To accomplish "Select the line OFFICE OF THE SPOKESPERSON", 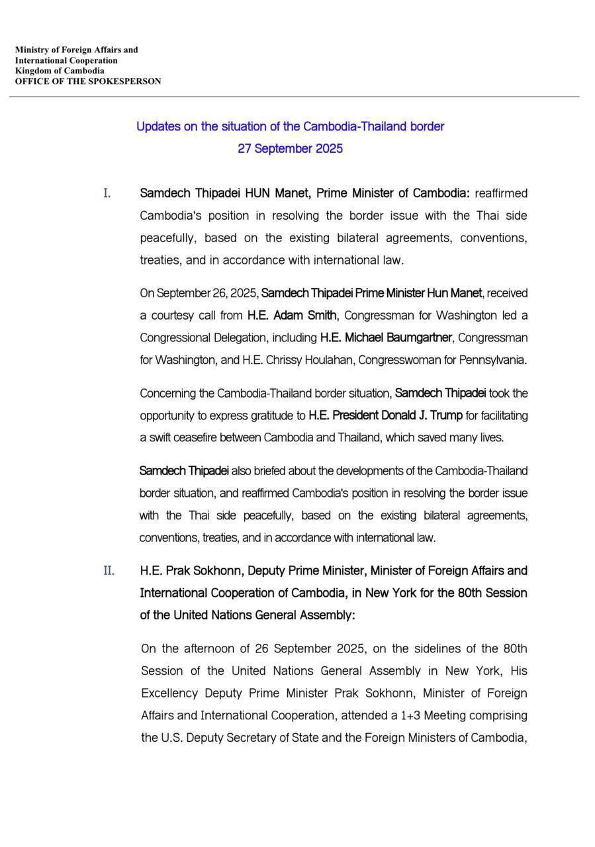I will click(88, 81).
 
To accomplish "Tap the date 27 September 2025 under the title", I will click(290, 148).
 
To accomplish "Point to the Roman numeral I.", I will click(107, 193).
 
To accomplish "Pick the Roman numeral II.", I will click(109, 570).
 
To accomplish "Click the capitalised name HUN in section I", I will click(259, 193).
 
